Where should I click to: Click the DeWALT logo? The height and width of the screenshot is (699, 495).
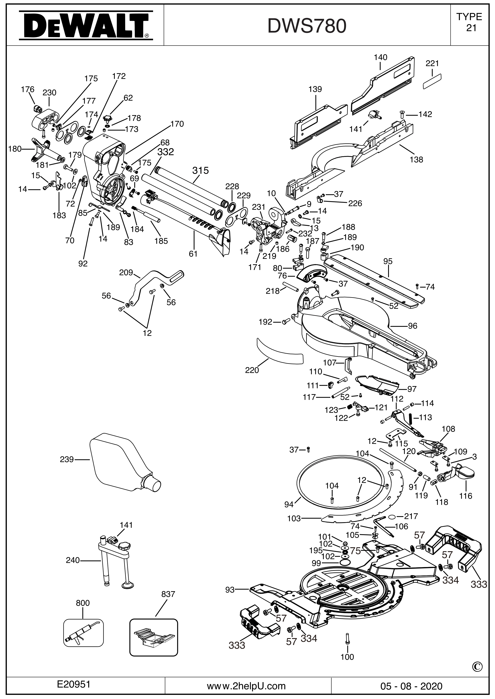(86, 26)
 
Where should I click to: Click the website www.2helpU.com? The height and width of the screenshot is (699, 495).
(246, 677)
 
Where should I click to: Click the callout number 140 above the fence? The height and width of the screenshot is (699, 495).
(380, 57)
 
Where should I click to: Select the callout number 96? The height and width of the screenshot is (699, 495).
(412, 326)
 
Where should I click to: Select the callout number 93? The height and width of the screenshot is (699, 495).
(230, 590)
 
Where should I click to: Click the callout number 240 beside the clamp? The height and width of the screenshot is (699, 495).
(73, 560)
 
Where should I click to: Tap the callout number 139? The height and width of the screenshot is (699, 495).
(315, 89)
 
